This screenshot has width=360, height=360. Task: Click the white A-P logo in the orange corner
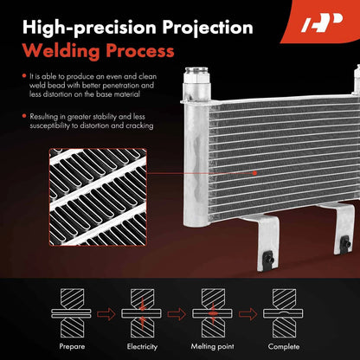click(x=322, y=22)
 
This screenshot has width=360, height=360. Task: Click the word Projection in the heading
click(x=208, y=28)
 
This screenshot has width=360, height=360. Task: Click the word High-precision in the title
click(x=89, y=28)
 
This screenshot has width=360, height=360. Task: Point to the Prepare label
click(x=72, y=346)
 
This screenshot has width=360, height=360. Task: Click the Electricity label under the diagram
click(x=142, y=346)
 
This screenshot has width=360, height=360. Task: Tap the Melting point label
click(x=213, y=346)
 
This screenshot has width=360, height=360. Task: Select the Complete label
click(x=284, y=346)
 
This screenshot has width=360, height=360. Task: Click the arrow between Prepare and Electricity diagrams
click(x=106, y=314)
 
